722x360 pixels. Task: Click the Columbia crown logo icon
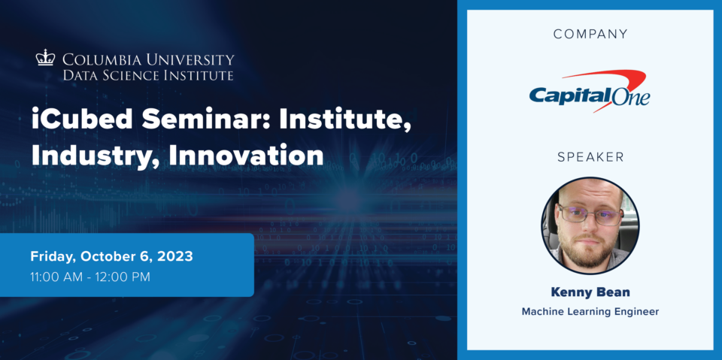point(45,58)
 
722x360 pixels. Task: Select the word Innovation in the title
point(246,156)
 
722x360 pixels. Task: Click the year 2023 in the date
point(175,256)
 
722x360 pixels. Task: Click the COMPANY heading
point(590,34)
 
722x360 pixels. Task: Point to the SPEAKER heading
point(590,157)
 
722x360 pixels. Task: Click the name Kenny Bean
point(590,292)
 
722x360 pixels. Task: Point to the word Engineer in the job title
point(637,312)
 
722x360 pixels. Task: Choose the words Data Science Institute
point(148,75)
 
